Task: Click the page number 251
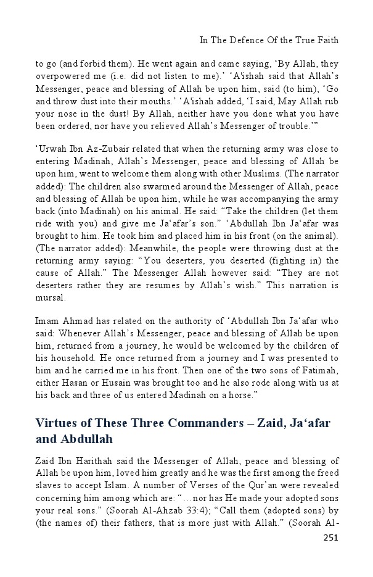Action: coord(331,554)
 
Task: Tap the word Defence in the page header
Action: coord(247,40)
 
